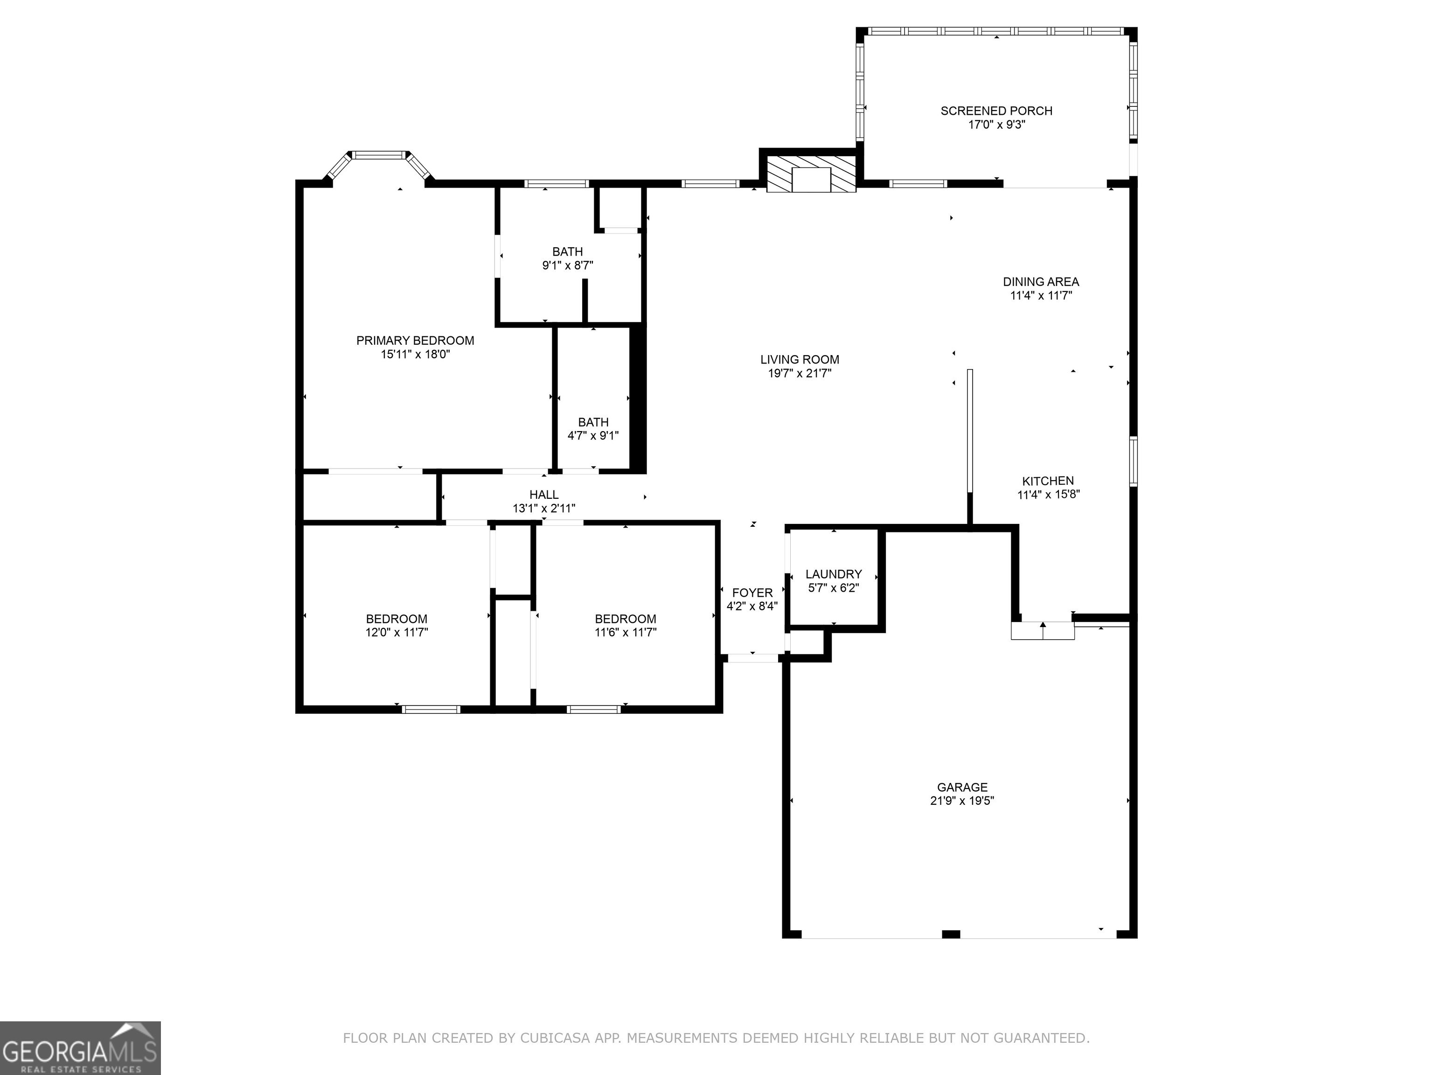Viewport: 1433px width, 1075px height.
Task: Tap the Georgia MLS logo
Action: [x=80, y=1048]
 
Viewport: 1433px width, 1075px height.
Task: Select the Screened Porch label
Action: [x=996, y=111]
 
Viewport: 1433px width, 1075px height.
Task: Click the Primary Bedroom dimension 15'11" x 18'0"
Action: [x=415, y=355]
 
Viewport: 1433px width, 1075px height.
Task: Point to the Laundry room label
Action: [x=833, y=574]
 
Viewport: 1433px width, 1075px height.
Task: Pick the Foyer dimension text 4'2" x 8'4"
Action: [x=751, y=607]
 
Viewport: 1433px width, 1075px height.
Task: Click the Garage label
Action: [x=962, y=787]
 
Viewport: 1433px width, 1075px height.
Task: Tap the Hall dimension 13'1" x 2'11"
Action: [x=543, y=509]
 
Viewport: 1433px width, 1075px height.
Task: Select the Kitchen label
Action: [x=1048, y=481]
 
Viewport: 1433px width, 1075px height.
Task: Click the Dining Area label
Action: [x=1040, y=282]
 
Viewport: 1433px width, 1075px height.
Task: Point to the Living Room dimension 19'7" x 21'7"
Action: [x=800, y=373]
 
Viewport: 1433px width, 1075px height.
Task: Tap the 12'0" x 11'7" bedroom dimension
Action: [x=397, y=632]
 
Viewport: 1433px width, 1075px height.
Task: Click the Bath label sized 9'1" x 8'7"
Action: [x=568, y=251]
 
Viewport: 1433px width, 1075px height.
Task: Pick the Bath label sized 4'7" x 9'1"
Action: [x=593, y=422]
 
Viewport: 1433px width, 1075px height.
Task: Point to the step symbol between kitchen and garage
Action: [x=1043, y=630]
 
